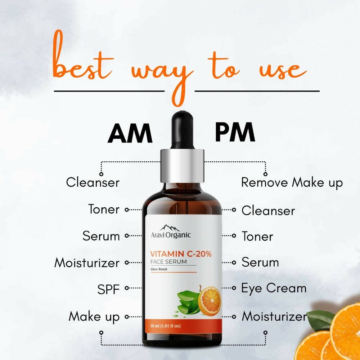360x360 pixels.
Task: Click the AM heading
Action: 130,134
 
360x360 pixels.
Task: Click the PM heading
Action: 235,132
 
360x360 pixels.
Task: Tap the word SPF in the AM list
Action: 108,289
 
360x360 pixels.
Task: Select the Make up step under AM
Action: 94,317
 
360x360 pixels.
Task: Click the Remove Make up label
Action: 292,183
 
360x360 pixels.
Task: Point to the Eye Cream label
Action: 274,288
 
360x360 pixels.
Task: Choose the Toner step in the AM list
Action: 104,209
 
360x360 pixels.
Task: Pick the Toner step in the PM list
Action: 257,237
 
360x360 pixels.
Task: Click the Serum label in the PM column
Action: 260,262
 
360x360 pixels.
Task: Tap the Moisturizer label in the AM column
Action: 86,263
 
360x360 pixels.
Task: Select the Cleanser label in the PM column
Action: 268,211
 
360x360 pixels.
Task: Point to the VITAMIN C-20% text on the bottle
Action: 181,254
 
